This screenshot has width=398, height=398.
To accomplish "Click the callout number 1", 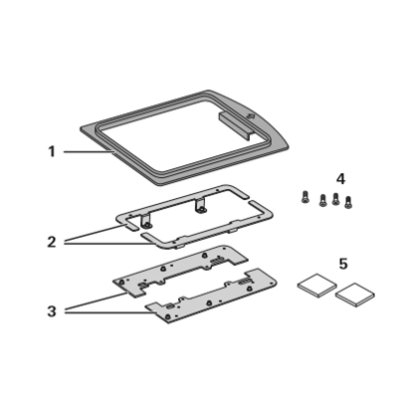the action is pyautogui.click(x=52, y=152).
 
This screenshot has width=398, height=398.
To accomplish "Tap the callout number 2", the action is pyautogui.click(x=52, y=242).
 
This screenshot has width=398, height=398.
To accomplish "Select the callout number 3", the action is pyautogui.click(x=52, y=311).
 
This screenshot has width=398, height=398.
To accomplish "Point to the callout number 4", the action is pyautogui.click(x=340, y=179).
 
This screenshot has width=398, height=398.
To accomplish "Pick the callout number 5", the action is pyautogui.click(x=343, y=264).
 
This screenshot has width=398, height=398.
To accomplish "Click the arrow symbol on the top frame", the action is pyautogui.click(x=251, y=116).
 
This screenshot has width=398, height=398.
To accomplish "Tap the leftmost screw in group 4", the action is pyautogui.click(x=304, y=197).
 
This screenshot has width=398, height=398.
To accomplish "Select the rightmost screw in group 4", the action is pyautogui.click(x=348, y=202).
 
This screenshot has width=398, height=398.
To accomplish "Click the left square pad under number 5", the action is pyautogui.click(x=317, y=285).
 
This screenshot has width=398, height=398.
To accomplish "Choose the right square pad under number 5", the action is pyautogui.click(x=355, y=295).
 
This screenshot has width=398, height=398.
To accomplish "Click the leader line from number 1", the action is pyautogui.click(x=89, y=152).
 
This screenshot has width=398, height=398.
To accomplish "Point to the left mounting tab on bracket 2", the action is pyautogui.click(x=146, y=221).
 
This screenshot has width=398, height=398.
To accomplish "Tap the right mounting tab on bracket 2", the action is pyautogui.click(x=201, y=206).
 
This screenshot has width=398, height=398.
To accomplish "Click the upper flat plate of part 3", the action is pyautogui.click(x=181, y=271).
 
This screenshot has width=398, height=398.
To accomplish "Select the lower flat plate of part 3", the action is pyautogui.click(x=212, y=297).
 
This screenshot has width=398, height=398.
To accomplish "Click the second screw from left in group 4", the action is pyautogui.click(x=322, y=201).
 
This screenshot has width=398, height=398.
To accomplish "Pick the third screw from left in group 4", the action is pyautogui.click(x=335, y=199).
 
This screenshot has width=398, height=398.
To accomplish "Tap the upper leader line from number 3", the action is pyautogui.click(x=96, y=301).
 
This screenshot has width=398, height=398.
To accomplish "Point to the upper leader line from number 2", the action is pyautogui.click(x=94, y=233).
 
